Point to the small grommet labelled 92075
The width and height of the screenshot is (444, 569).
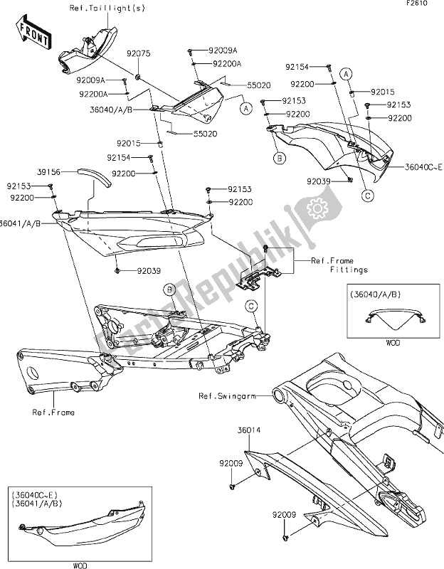pos(137,75)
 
